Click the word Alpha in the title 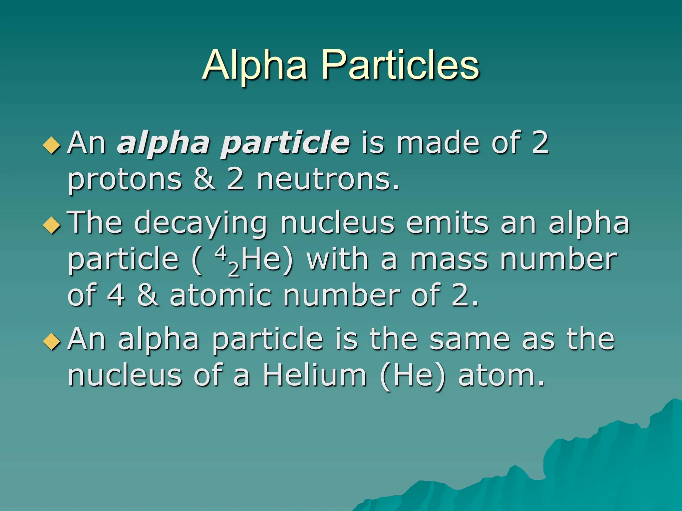point(254,65)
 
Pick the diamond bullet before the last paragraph point(52,341)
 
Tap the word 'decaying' point(201,224)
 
